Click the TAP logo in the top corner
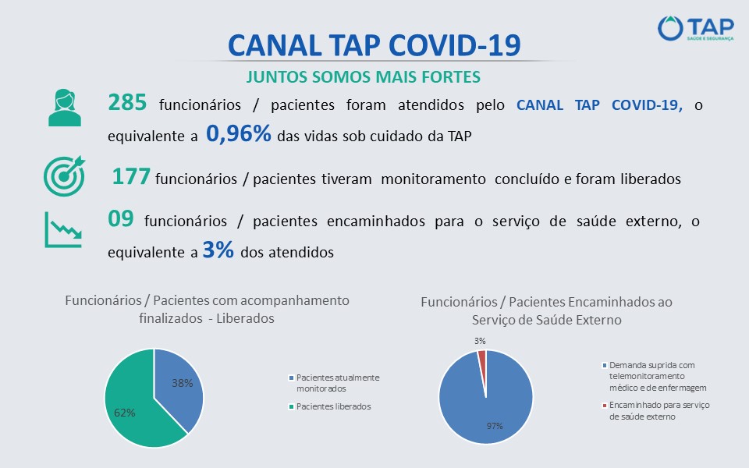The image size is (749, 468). tap(695, 28)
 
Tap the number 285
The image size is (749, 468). tap(127, 103)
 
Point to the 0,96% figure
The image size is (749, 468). tap(239, 134)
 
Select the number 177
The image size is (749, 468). tap(131, 177)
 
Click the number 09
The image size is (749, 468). tap(120, 218)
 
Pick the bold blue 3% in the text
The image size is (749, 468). tap(218, 250)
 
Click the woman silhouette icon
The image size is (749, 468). tap(65, 108)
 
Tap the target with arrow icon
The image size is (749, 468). tap(65, 176)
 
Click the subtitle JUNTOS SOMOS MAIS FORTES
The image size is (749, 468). tap(364, 77)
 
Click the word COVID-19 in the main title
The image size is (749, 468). tap(454, 46)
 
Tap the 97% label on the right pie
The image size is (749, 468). tap(495, 426)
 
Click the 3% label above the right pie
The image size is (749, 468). tap(480, 341)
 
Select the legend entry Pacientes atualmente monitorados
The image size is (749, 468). tap(334, 383)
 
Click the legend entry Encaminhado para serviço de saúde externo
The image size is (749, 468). tap(656, 411)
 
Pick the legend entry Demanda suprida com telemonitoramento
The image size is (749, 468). tap(654, 376)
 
